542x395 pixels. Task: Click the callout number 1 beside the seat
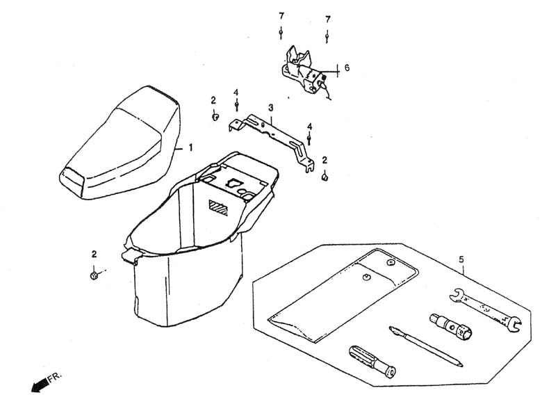(190, 148)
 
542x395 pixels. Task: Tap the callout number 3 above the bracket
(271, 108)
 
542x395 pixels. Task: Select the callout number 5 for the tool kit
(461, 259)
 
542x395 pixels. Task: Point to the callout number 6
(347, 67)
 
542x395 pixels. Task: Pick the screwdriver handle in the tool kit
(372, 362)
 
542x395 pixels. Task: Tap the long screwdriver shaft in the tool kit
(426, 346)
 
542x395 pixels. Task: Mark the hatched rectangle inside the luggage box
(218, 207)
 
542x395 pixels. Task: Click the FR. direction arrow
(40, 385)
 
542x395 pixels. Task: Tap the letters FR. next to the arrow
(55, 376)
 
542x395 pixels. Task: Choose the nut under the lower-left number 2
(93, 275)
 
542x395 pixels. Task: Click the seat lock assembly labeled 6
(305, 71)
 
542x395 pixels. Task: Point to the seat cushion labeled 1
(120, 143)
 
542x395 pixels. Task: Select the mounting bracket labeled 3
(272, 138)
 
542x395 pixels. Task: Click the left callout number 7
(281, 16)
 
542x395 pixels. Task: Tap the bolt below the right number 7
(327, 36)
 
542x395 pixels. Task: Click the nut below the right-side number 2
(325, 177)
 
